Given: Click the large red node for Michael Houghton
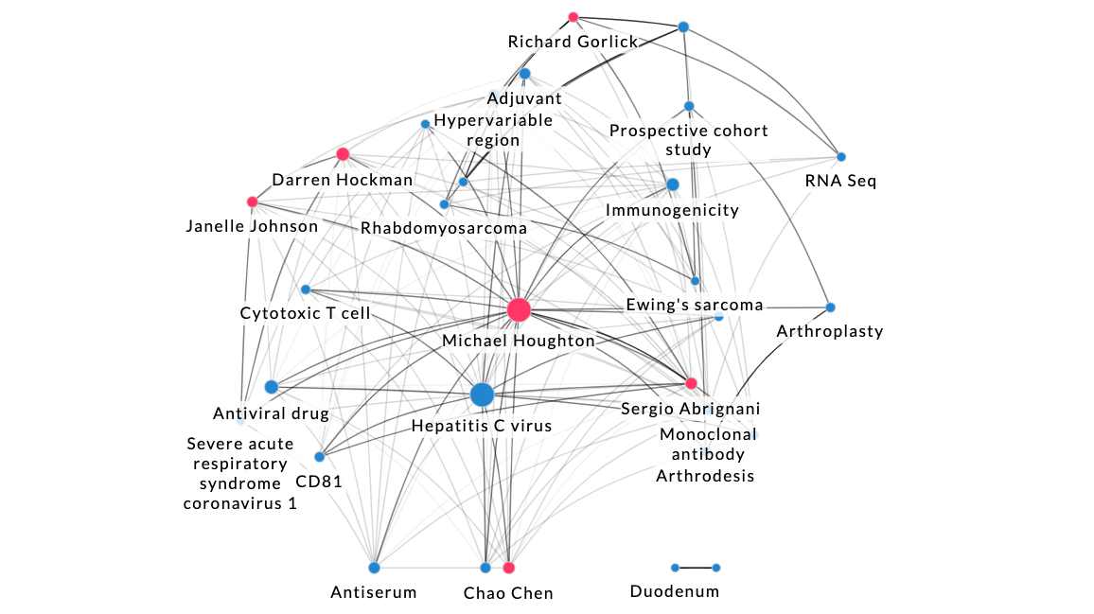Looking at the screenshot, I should point(518,309).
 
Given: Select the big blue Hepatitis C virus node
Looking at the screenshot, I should point(482,395).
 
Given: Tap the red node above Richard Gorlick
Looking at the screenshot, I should point(573,17).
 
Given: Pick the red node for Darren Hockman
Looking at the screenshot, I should point(343,154).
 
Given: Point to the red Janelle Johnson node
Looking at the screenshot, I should point(252,202).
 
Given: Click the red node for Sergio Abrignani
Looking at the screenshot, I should point(691,383).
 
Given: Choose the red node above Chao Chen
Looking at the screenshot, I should point(508,568).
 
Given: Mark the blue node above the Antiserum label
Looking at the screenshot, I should point(374,568).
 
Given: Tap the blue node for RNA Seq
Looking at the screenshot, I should point(840,157).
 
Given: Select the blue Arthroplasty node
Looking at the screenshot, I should point(830,307).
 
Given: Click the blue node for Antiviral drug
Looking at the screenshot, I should point(272,386).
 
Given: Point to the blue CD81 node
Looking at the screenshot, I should point(319,457).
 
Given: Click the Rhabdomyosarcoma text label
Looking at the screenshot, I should point(443,228).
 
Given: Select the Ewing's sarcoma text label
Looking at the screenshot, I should point(694,305).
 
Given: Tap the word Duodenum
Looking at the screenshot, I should point(674,591).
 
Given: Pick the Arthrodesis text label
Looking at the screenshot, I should point(705,475).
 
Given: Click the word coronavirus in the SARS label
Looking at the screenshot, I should point(239,503).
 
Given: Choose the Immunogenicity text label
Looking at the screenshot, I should point(672,210).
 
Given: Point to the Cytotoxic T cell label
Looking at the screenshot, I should point(305,312).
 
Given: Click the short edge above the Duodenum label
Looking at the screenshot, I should point(696,568).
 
